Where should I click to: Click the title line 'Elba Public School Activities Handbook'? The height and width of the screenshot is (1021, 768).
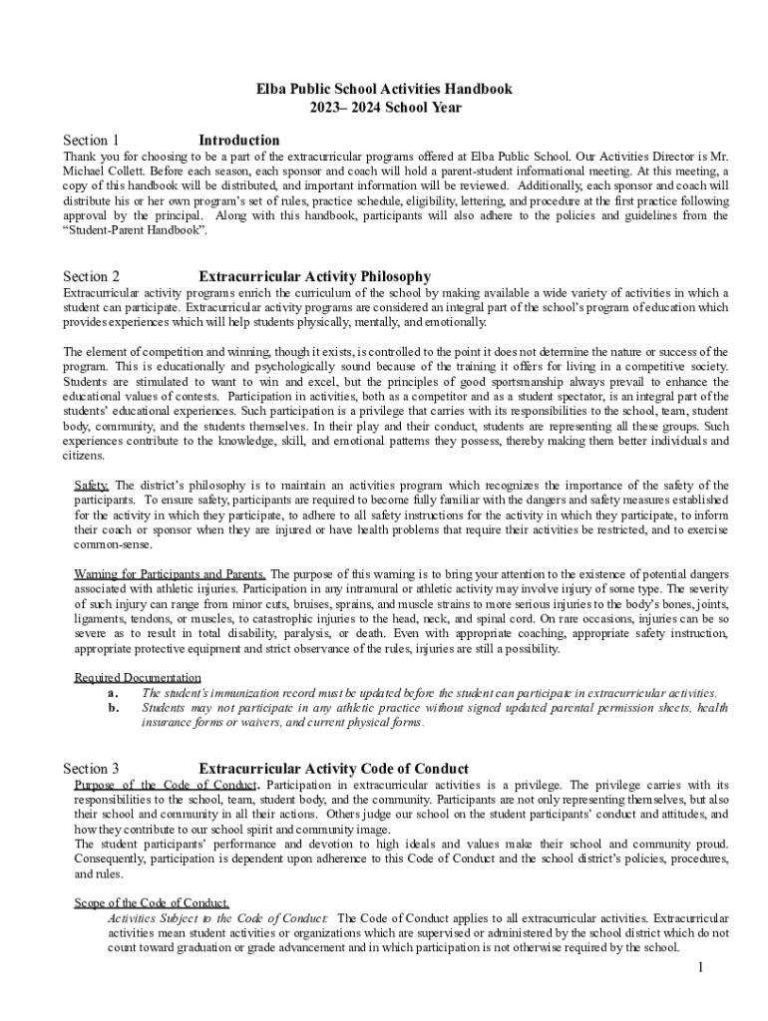[x=384, y=89]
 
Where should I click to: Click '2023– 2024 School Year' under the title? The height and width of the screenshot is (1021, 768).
[x=384, y=108]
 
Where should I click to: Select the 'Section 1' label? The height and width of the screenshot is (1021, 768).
[x=91, y=141]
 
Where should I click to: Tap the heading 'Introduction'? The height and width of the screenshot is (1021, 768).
[x=239, y=141]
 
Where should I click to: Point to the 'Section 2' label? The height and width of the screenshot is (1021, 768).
[x=91, y=276]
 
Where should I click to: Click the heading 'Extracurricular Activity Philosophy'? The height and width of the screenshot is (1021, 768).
[x=315, y=276]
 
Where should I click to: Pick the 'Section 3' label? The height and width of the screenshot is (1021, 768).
[x=91, y=769]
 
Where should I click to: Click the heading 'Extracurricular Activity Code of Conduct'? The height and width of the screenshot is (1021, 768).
[x=334, y=769]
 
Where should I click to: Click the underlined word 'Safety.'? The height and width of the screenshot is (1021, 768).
[x=93, y=486]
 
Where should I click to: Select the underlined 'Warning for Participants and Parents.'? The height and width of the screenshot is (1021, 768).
[x=171, y=574]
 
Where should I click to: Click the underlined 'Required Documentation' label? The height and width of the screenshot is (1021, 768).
[x=138, y=678]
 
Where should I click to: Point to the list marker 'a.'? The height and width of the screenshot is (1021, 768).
[x=113, y=693]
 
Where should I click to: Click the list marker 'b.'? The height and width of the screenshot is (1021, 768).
[x=113, y=708]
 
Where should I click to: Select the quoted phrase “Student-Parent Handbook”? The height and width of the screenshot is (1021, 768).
[x=136, y=230]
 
